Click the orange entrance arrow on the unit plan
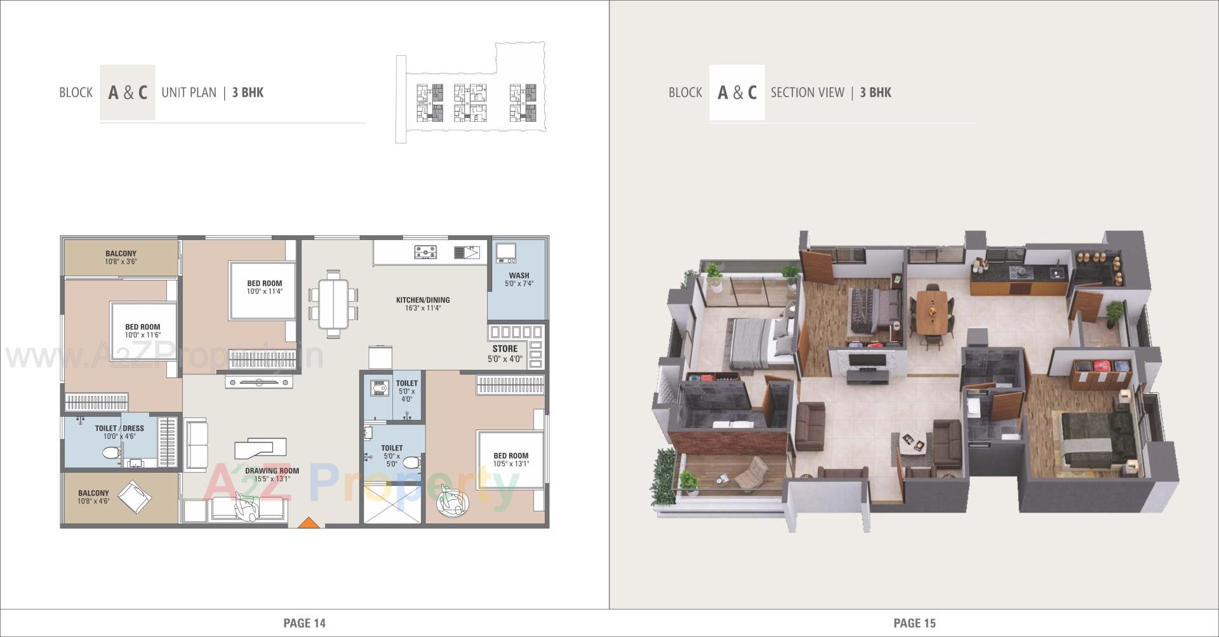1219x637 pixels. pyautogui.click(x=308, y=523)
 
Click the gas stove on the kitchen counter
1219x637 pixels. pyautogui.click(x=425, y=253)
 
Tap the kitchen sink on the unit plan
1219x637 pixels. pyautogui.click(x=467, y=253)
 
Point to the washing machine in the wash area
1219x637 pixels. pyautogui.click(x=505, y=253)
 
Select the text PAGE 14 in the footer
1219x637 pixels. pyautogui.click(x=304, y=623)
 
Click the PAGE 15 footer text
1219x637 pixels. pyautogui.click(x=914, y=623)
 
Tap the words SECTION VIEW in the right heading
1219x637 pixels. pyautogui.click(x=807, y=93)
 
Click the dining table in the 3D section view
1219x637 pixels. pyautogui.click(x=932, y=311)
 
